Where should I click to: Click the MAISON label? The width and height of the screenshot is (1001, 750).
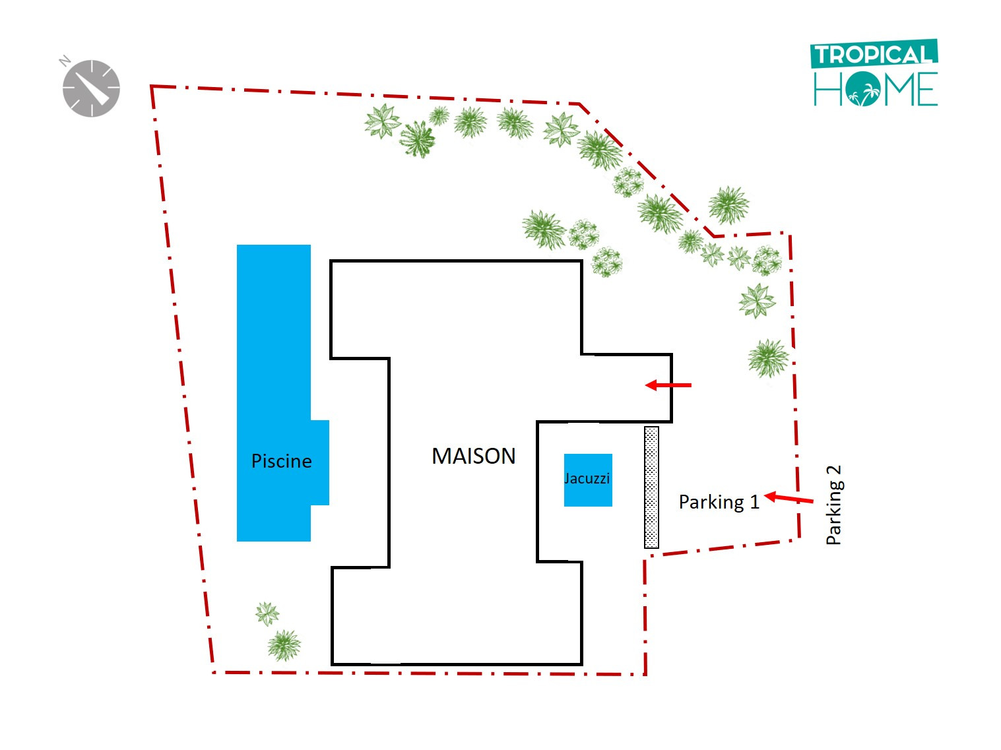pyautogui.click(x=473, y=456)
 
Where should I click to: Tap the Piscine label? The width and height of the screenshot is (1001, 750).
pyautogui.click(x=281, y=460)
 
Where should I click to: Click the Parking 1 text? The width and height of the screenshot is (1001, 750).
pyautogui.click(x=719, y=502)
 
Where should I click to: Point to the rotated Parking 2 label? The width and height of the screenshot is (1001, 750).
pyautogui.click(x=834, y=505)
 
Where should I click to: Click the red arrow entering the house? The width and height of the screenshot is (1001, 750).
pyautogui.click(x=668, y=385)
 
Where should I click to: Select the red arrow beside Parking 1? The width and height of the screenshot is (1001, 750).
pyautogui.click(x=789, y=498)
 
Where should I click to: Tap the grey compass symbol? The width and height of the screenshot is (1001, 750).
pyautogui.click(x=91, y=88)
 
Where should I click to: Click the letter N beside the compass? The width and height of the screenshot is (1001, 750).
pyautogui.click(x=65, y=61)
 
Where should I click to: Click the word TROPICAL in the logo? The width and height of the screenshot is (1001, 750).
pyautogui.click(x=873, y=55)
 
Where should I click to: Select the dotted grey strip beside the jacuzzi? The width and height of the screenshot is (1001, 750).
pyautogui.click(x=651, y=487)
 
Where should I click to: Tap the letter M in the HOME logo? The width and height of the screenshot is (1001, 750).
pyautogui.click(x=895, y=89)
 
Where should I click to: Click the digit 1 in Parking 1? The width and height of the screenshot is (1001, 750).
pyautogui.click(x=754, y=502)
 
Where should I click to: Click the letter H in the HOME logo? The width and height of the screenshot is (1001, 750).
pyautogui.click(x=827, y=89)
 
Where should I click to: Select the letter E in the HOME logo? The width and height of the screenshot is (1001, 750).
pyautogui.click(x=926, y=89)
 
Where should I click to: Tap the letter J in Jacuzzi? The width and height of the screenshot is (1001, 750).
pyautogui.click(x=567, y=478)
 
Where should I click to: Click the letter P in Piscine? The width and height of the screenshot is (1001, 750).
pyautogui.click(x=257, y=460)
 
